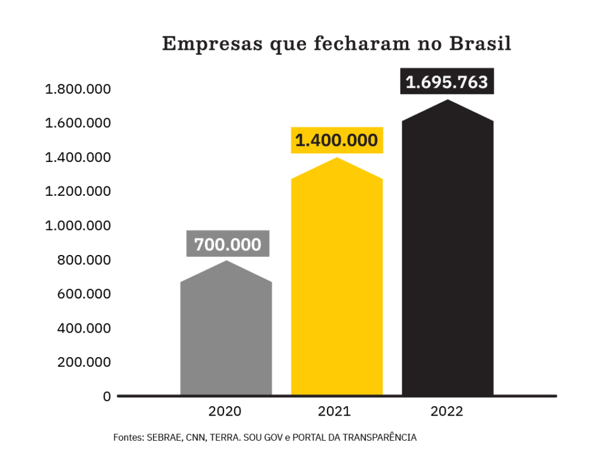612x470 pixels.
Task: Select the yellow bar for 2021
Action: click(x=336, y=281)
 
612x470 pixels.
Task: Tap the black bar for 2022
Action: click(x=448, y=251)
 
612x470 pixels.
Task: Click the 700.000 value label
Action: click(x=228, y=244)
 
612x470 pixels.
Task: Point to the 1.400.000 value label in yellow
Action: click(x=336, y=141)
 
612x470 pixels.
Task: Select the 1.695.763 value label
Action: click(x=447, y=82)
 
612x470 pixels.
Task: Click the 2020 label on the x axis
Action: click(x=225, y=411)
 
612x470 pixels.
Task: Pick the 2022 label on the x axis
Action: click(x=446, y=411)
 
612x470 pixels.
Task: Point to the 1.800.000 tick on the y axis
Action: click(x=78, y=90)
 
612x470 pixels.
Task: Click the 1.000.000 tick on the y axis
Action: click(x=78, y=226)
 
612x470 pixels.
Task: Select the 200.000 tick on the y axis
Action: click(x=84, y=363)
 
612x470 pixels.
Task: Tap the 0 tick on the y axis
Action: click(x=107, y=397)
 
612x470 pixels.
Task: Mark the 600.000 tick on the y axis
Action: click(x=84, y=294)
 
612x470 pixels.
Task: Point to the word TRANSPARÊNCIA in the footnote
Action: click(x=382, y=438)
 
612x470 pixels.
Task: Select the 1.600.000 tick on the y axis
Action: click(x=78, y=124)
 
